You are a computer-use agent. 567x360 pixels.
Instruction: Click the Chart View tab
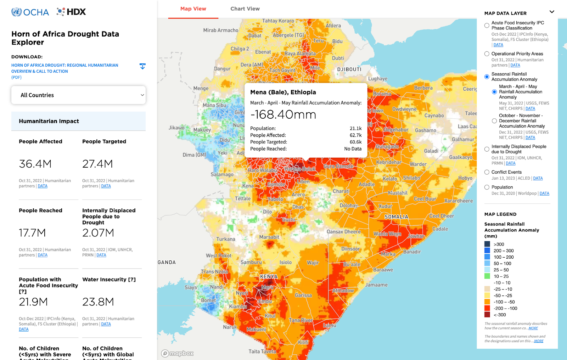245,9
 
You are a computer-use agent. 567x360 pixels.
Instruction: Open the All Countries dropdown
78,95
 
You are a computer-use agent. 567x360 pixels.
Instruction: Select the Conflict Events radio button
487,172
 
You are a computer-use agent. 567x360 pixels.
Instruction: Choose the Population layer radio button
487,187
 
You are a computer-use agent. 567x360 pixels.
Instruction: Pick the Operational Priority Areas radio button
487,54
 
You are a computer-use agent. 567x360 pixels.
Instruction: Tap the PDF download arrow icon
142,66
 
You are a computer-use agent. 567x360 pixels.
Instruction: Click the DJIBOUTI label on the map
349,69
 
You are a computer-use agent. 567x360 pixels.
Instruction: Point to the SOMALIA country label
396,217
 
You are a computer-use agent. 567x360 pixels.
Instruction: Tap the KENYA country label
269,277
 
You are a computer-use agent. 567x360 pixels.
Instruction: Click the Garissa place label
303,295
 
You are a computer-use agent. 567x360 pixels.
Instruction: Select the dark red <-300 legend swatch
487,315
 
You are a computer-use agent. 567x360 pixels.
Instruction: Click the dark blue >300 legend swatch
487,244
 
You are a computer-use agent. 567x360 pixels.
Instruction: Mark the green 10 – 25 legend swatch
487,276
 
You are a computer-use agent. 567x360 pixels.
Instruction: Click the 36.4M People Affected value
35,164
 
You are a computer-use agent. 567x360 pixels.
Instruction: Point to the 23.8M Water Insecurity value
98,302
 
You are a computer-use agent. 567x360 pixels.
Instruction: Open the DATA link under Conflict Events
538,178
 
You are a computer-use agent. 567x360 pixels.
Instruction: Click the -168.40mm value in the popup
283,114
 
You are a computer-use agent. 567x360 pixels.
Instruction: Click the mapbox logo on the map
178,353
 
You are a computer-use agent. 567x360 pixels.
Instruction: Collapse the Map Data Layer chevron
551,12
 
